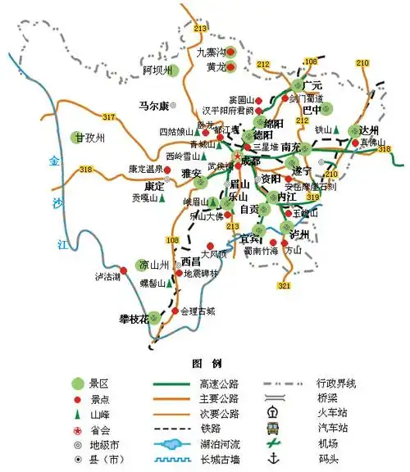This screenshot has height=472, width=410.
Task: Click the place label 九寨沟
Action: click(x=210, y=52)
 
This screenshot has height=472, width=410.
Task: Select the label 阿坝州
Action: click(x=159, y=70)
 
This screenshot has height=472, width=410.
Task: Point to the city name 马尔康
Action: click(x=153, y=106)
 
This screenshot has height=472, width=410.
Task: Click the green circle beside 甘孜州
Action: click(x=77, y=138)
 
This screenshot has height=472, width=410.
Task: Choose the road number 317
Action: click(x=109, y=118)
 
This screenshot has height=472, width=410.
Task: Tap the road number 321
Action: click(x=284, y=286)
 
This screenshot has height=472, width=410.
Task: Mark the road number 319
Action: click(x=312, y=197)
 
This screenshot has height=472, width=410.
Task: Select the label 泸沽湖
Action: click(x=107, y=277)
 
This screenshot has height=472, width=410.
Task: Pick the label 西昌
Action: click(x=190, y=261)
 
